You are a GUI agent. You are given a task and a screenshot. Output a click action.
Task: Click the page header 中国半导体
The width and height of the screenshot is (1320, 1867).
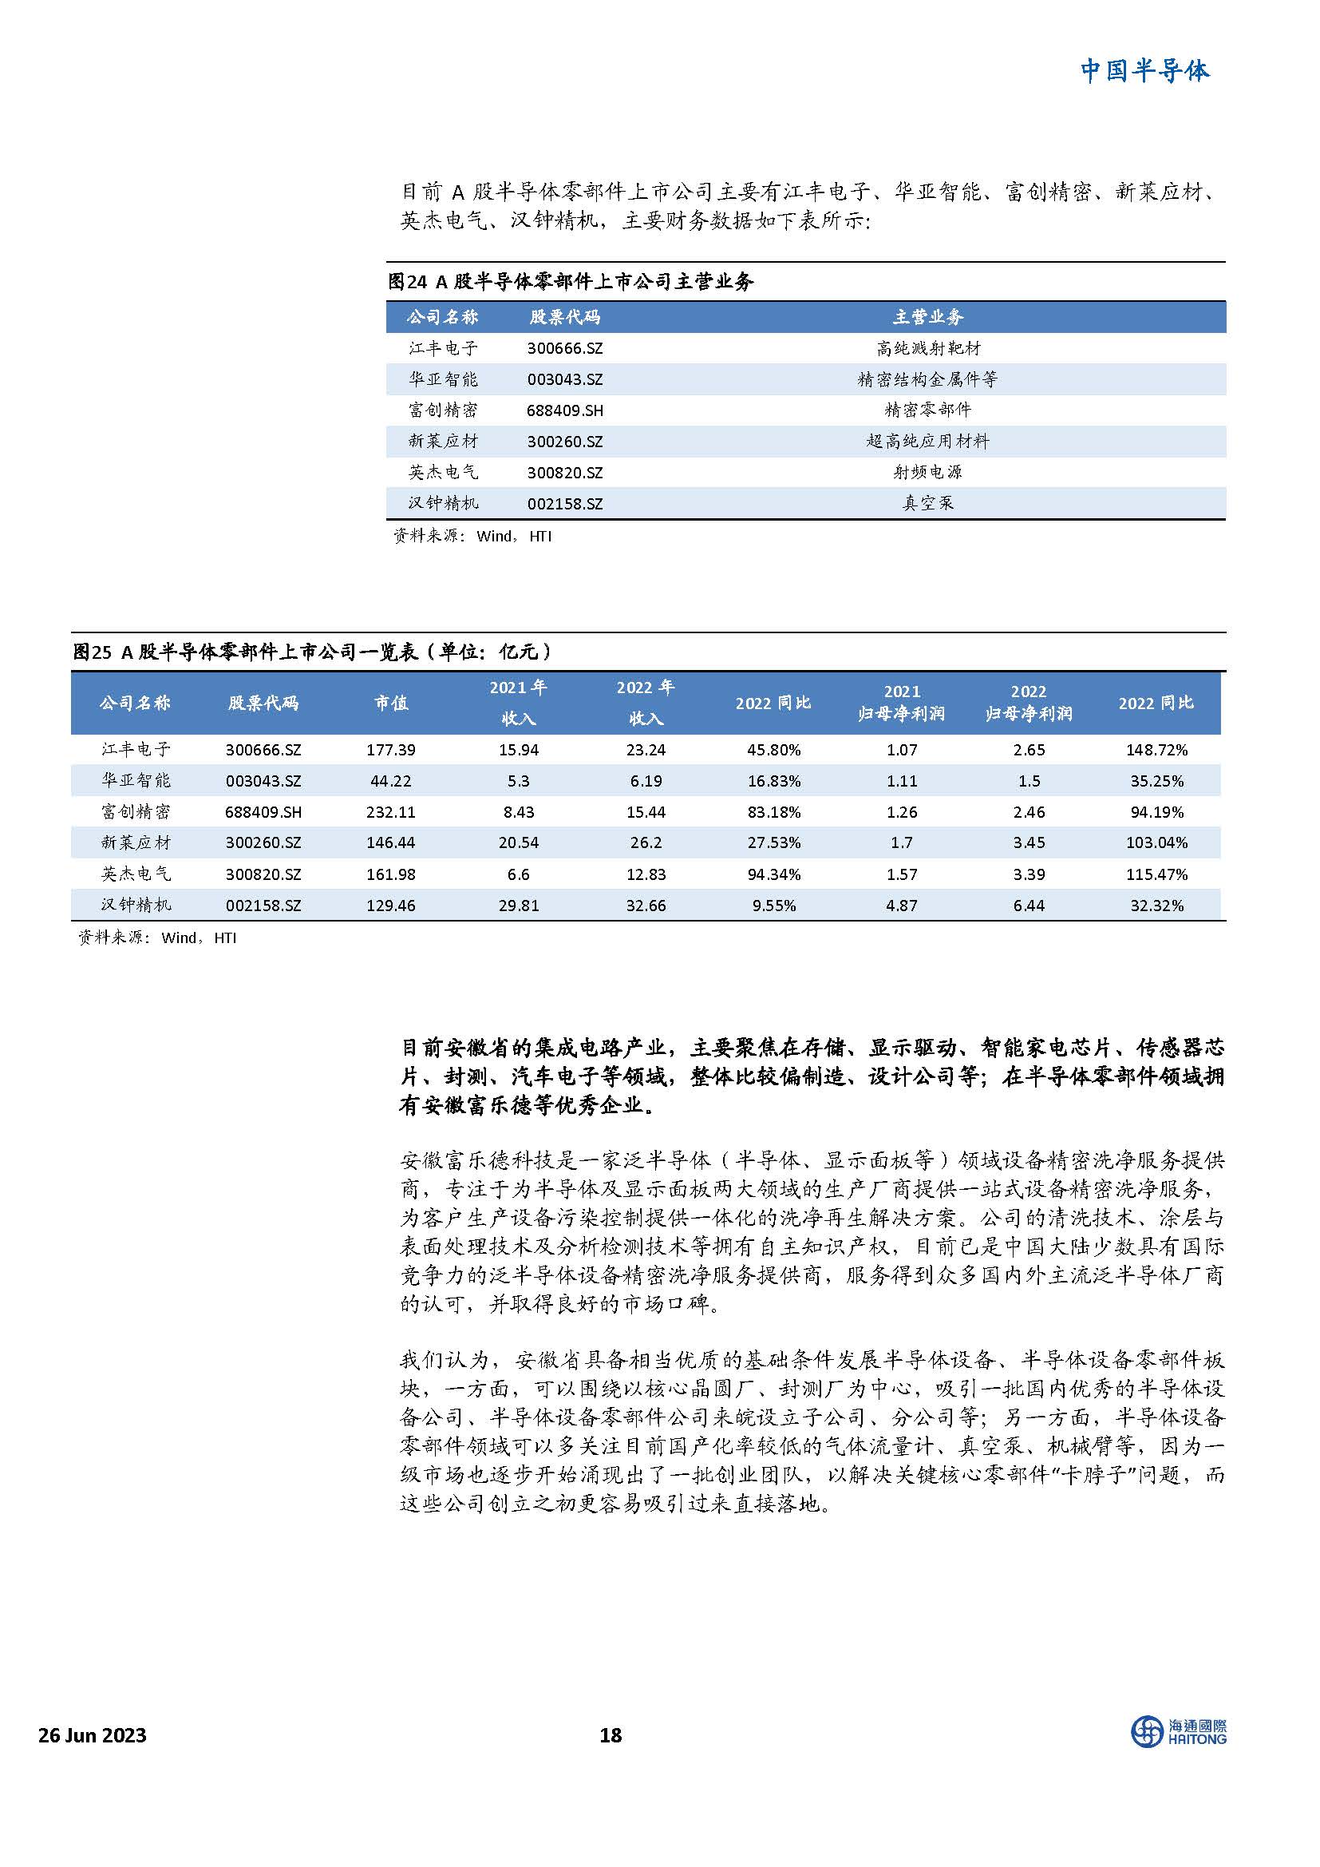(x=1144, y=71)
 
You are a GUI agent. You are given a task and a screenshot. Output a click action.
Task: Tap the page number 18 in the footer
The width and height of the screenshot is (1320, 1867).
(x=611, y=1735)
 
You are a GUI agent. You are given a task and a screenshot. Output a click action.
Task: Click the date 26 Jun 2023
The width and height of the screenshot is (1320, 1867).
(x=93, y=1735)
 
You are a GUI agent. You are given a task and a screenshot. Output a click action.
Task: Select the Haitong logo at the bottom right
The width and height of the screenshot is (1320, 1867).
(x=1179, y=1732)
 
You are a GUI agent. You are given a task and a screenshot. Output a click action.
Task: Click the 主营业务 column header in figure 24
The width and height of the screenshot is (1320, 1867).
(x=927, y=317)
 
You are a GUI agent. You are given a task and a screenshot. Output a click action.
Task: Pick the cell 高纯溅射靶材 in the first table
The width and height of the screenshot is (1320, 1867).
(x=927, y=349)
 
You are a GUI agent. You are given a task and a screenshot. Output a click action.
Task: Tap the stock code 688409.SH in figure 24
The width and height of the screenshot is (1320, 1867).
(x=565, y=410)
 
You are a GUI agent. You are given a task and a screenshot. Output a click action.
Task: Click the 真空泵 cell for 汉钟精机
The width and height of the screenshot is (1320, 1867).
(x=927, y=503)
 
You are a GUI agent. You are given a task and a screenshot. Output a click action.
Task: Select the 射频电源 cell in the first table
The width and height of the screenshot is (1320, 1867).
(x=927, y=473)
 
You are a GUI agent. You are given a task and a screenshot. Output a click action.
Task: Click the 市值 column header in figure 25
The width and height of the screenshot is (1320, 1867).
(x=391, y=704)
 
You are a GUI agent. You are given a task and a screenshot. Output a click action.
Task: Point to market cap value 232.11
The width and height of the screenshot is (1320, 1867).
(x=391, y=811)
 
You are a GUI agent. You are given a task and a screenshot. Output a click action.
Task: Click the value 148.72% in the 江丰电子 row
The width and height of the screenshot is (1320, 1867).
(x=1156, y=750)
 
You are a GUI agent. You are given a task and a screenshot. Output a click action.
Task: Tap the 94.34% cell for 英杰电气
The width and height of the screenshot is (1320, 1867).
(x=774, y=874)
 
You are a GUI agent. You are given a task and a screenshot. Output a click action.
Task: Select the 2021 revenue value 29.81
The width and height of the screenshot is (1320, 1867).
(x=519, y=905)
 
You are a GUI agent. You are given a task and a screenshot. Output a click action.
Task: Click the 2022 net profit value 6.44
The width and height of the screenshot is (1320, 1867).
(x=1028, y=905)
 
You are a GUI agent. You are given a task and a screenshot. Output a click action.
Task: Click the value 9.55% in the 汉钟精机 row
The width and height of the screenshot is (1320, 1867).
(x=774, y=905)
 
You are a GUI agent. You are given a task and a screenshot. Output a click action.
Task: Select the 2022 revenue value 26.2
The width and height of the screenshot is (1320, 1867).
(x=646, y=842)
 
